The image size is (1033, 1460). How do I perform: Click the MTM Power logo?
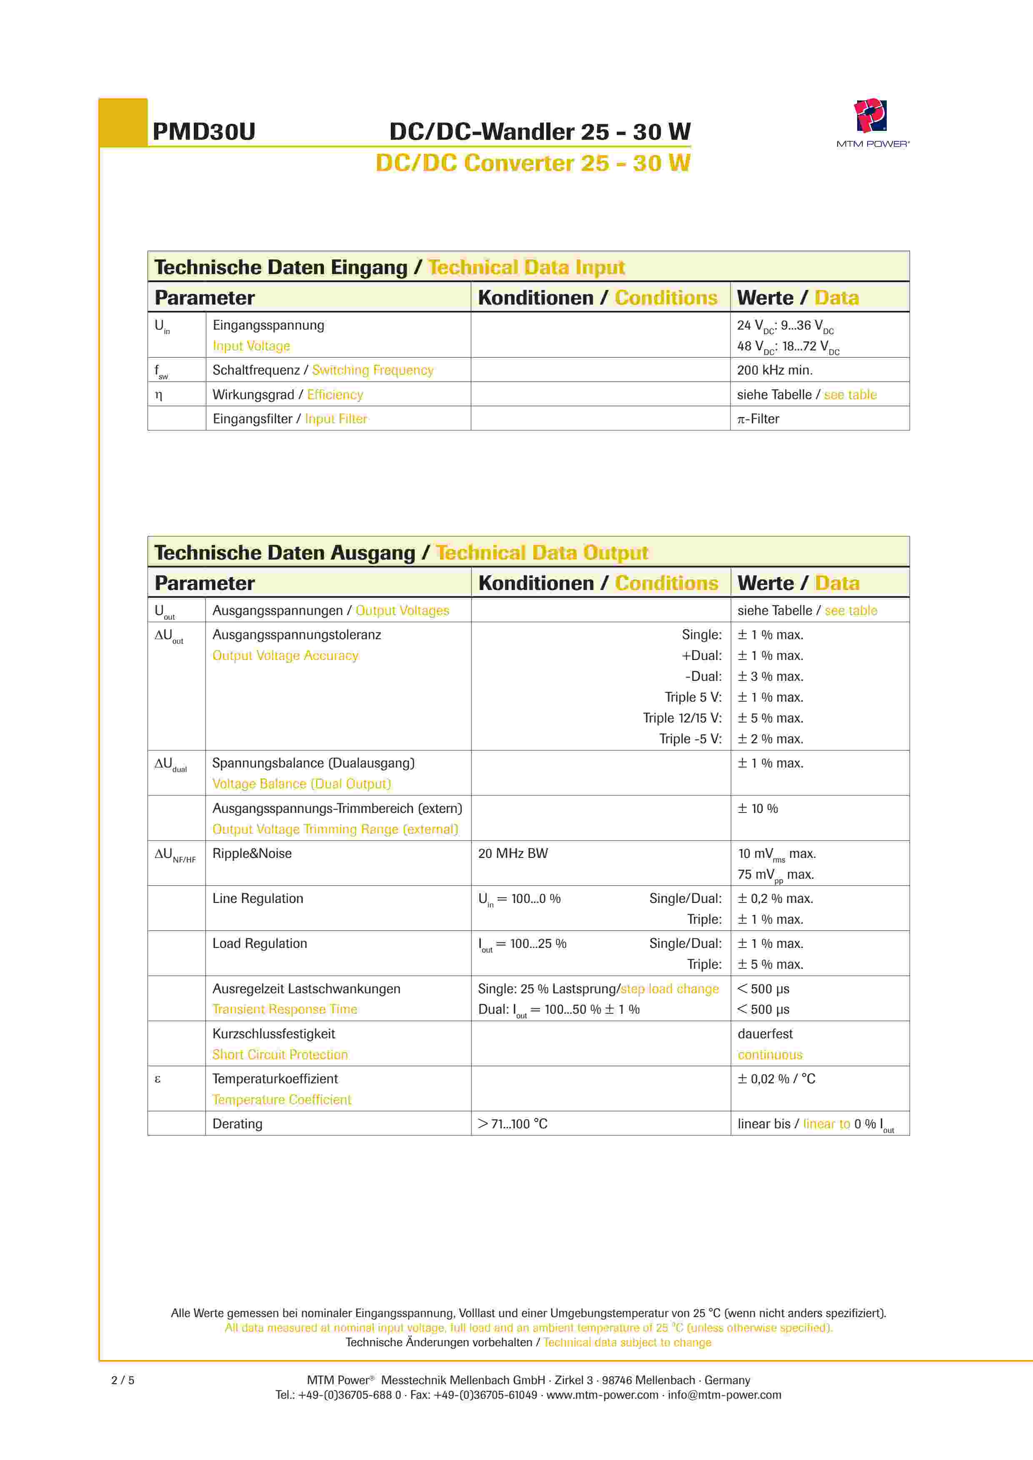tap(871, 121)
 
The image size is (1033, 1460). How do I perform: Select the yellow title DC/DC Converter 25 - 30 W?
tap(533, 163)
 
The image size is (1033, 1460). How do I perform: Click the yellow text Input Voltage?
tap(251, 346)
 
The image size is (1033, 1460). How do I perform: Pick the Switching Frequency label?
tap(373, 370)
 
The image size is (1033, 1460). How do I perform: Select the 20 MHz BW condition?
tap(513, 853)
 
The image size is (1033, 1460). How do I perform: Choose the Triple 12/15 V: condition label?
tap(682, 718)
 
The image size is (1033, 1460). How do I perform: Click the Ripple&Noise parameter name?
tap(252, 853)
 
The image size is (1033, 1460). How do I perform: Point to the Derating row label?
tap(237, 1124)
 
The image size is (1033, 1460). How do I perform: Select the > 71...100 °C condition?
tap(513, 1124)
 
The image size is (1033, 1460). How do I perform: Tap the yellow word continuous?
tap(770, 1055)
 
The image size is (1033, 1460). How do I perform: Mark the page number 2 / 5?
tap(123, 1380)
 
